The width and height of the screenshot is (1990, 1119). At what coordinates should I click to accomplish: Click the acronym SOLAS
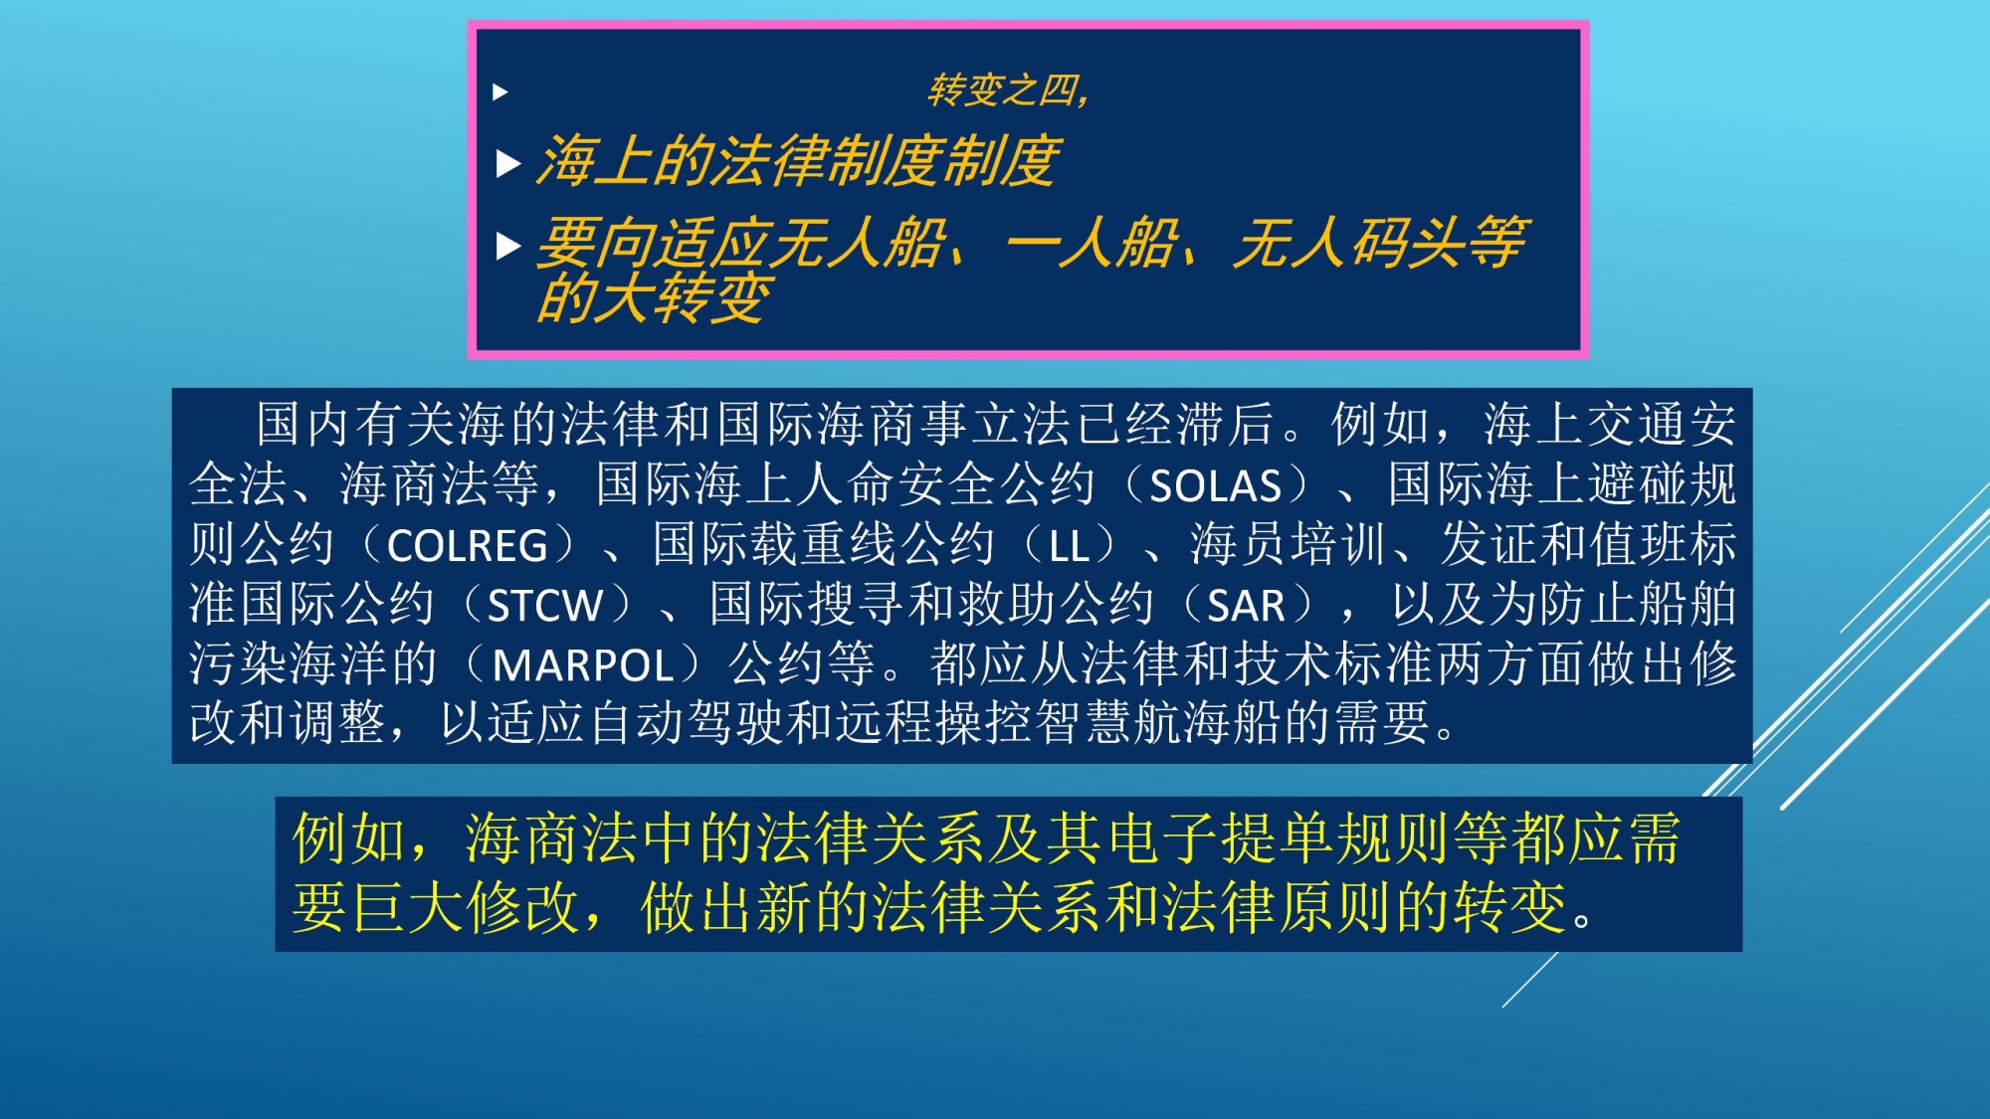[1215, 486]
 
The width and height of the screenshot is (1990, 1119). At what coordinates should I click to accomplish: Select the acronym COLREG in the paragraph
[467, 546]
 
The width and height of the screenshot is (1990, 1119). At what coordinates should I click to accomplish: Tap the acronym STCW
[544, 606]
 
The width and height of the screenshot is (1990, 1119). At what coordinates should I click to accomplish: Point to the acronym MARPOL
[583, 665]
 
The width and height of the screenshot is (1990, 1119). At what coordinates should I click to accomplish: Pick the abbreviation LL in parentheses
[1069, 546]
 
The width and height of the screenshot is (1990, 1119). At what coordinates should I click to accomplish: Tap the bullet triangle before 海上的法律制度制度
[508, 163]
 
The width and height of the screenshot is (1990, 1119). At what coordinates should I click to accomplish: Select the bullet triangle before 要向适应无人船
[508, 246]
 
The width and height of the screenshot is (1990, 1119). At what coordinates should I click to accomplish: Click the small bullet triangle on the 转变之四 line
[500, 93]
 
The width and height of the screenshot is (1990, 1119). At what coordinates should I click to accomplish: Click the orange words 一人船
[1092, 244]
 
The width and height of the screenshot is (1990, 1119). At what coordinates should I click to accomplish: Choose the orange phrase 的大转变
[654, 297]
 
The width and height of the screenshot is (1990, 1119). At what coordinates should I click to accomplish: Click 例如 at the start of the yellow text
[349, 838]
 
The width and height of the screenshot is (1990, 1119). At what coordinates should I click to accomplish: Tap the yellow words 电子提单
[1220, 838]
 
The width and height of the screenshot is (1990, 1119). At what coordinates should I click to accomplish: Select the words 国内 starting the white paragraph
[304, 425]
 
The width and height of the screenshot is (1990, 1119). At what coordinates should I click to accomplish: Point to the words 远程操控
[934, 723]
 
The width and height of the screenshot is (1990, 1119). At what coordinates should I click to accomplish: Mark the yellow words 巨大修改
[465, 907]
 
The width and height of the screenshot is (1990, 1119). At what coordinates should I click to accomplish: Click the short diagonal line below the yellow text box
[1530, 980]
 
